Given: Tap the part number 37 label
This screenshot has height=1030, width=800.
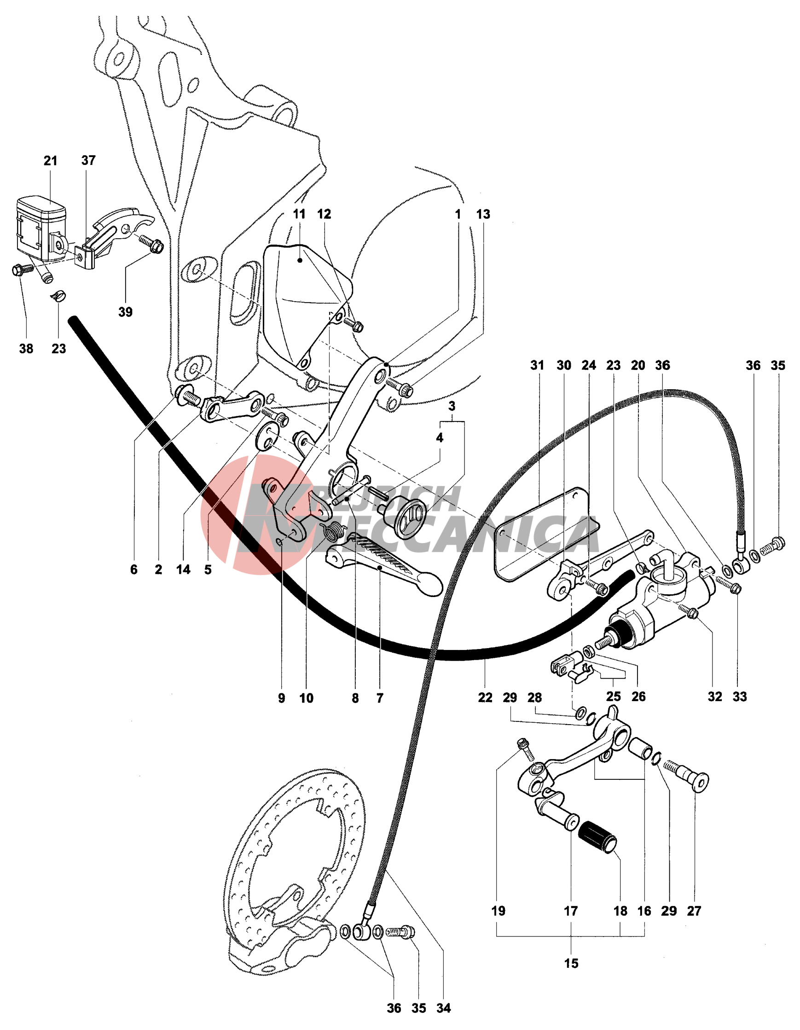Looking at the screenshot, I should pyautogui.click(x=88, y=160).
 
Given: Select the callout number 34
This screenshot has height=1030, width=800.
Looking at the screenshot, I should pyautogui.click(x=443, y=1008).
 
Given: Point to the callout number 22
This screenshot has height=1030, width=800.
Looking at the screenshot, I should pyautogui.click(x=485, y=697).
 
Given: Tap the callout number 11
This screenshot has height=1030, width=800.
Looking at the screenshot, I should pyautogui.click(x=299, y=214).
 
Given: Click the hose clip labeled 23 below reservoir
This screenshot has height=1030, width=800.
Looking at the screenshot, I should pyautogui.click(x=58, y=297).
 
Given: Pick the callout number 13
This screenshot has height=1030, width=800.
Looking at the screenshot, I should pyautogui.click(x=483, y=214).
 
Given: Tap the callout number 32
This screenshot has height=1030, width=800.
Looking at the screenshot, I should pyautogui.click(x=714, y=696).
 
